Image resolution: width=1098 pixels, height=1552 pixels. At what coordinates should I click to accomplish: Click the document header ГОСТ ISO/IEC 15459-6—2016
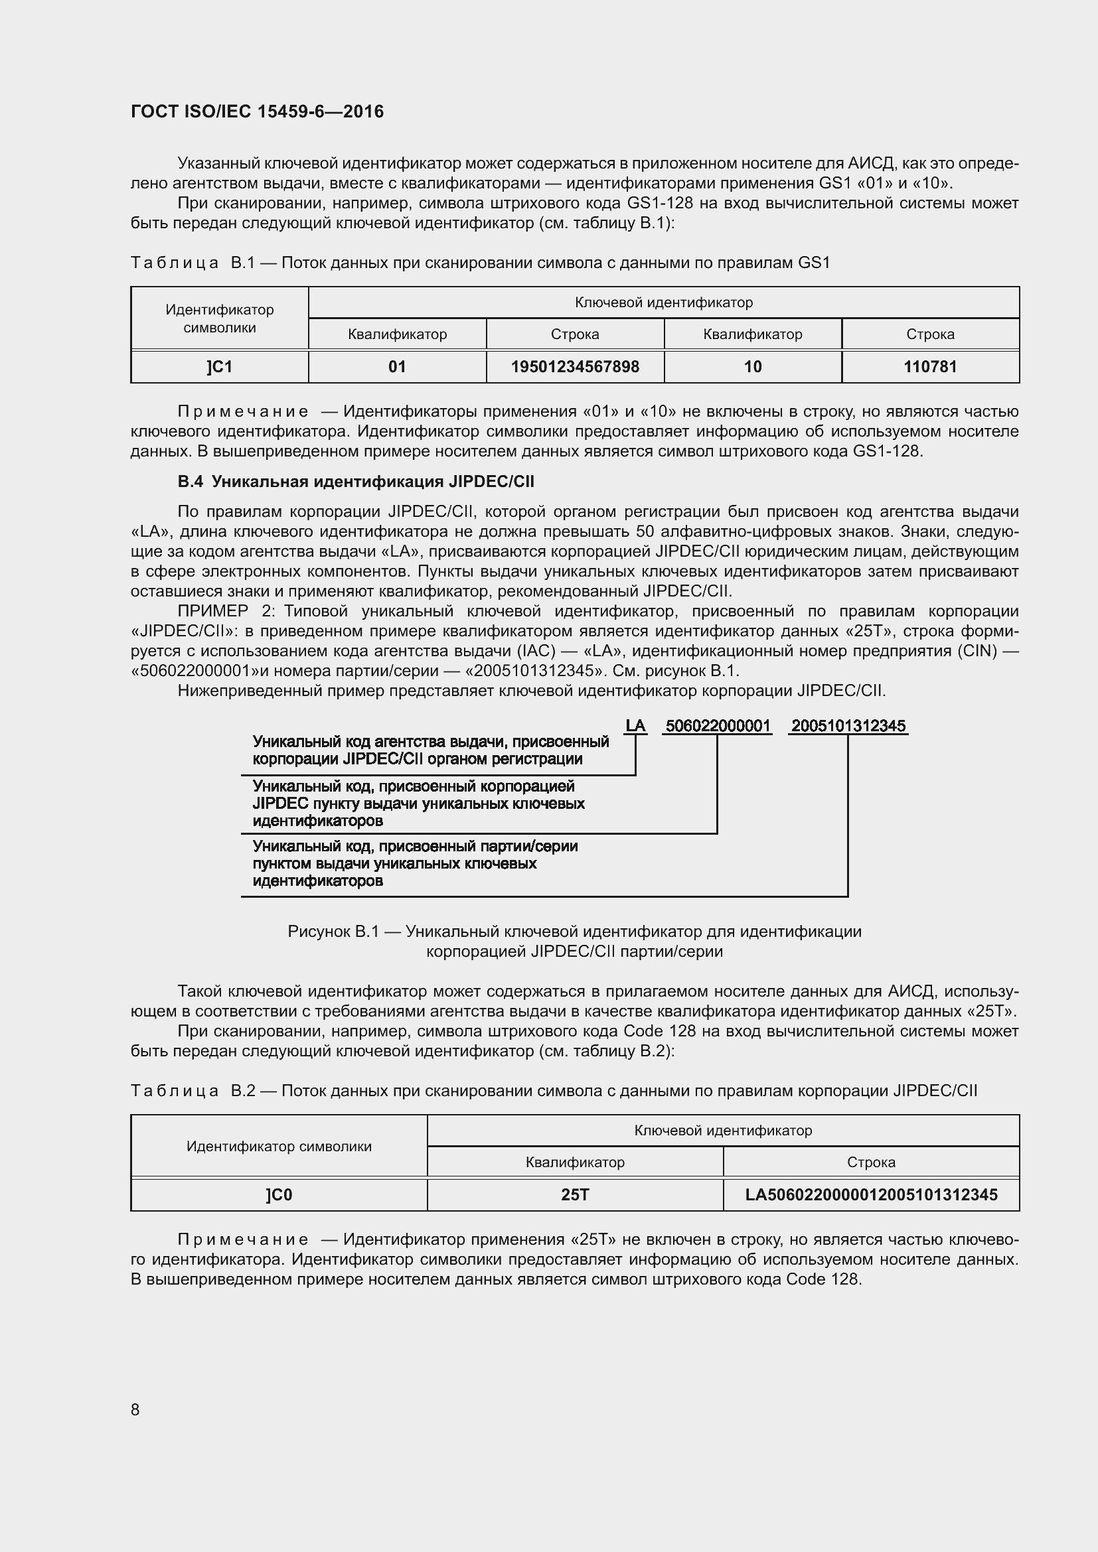pos(257,111)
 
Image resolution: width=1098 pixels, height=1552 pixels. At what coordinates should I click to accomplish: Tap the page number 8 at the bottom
pos(135,1409)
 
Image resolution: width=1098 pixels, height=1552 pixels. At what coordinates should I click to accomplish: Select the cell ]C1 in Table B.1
pos(220,367)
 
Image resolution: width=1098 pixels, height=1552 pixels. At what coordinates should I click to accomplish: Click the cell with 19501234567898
pos(575,367)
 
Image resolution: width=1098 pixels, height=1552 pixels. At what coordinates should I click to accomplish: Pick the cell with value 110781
pos(930,367)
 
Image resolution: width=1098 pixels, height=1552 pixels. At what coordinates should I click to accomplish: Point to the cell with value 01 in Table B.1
pos(397,367)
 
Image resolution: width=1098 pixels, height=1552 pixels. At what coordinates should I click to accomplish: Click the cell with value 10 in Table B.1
pos(753,367)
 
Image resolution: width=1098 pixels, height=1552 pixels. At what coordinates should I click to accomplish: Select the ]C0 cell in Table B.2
pos(279,1195)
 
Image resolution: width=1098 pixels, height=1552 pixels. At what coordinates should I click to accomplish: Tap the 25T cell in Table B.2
pos(575,1195)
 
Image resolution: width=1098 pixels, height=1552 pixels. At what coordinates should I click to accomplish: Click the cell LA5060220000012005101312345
pos(871,1195)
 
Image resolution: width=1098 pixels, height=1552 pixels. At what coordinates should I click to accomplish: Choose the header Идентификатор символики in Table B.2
pos(279,1147)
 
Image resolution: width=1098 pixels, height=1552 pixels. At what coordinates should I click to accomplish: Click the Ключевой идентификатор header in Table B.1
pos(663,303)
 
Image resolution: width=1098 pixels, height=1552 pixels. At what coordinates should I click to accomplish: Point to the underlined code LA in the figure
pos(635,726)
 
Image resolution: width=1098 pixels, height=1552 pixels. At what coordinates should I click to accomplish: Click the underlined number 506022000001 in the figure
pos(718,726)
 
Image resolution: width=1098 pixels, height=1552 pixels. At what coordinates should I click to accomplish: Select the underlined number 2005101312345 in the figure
pos(848,726)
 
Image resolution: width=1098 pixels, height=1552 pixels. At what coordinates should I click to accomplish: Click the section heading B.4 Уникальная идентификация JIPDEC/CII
pos(356,481)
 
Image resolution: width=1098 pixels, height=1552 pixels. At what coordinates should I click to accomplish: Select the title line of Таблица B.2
pos(553,1091)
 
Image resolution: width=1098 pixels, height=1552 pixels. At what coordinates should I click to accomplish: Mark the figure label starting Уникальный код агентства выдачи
pos(430,750)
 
